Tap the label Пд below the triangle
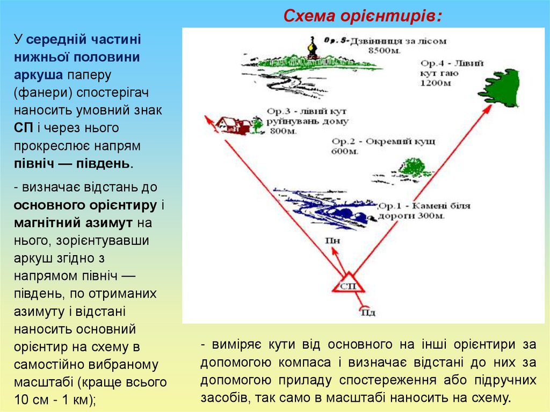coord(368,312)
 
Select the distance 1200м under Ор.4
coord(436,83)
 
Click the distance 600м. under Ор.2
coord(345,151)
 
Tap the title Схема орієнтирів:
coord(363,17)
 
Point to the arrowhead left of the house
coord(207,119)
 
